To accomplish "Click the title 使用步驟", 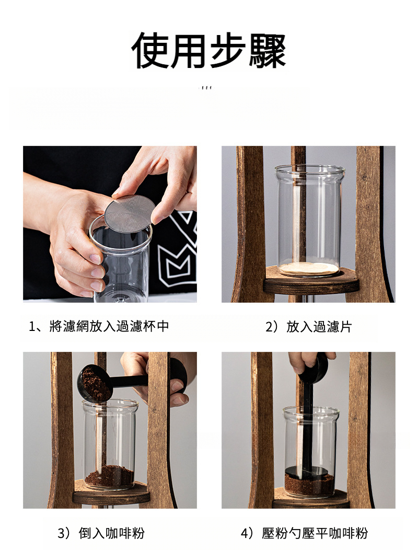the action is pyautogui.click(x=209, y=51).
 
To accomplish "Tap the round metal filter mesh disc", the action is pyautogui.click(x=130, y=213).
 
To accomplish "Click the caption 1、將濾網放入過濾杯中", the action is pyautogui.click(x=99, y=326).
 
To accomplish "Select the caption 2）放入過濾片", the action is pyautogui.click(x=308, y=327).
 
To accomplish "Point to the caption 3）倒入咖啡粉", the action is pyautogui.click(x=101, y=533).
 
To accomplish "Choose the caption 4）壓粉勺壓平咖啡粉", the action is pyautogui.click(x=305, y=533).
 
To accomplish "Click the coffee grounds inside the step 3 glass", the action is pyautogui.click(x=109, y=476).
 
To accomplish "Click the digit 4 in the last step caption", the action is pyautogui.click(x=245, y=533).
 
